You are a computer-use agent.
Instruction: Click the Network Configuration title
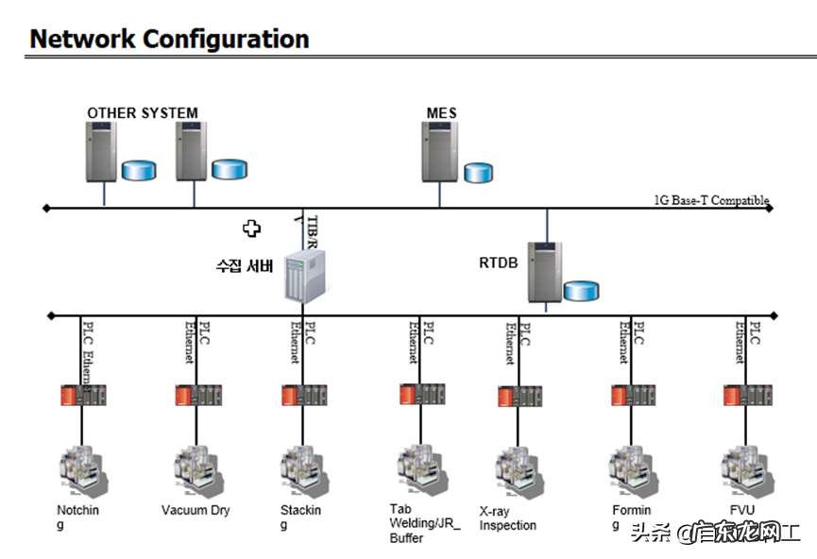(x=170, y=39)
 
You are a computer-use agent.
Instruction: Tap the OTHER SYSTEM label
(x=143, y=113)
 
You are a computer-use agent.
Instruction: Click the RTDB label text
(x=498, y=262)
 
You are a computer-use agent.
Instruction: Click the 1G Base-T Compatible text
(x=711, y=200)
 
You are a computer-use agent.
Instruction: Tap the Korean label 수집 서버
(x=244, y=265)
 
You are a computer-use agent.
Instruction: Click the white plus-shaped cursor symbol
(x=251, y=228)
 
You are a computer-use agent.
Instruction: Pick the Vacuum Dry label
(x=196, y=511)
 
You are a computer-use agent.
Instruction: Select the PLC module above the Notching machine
(x=83, y=394)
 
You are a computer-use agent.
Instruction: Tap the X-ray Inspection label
(x=507, y=517)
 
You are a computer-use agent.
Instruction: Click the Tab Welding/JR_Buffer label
(x=413, y=523)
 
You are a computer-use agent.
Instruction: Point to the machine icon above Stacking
(x=303, y=469)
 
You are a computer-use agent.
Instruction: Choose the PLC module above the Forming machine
(x=633, y=395)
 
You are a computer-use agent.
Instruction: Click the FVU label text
(x=742, y=511)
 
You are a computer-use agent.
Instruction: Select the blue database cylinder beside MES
(x=478, y=172)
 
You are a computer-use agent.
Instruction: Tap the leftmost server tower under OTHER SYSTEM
(x=101, y=151)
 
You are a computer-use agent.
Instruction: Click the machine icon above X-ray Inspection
(x=519, y=469)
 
